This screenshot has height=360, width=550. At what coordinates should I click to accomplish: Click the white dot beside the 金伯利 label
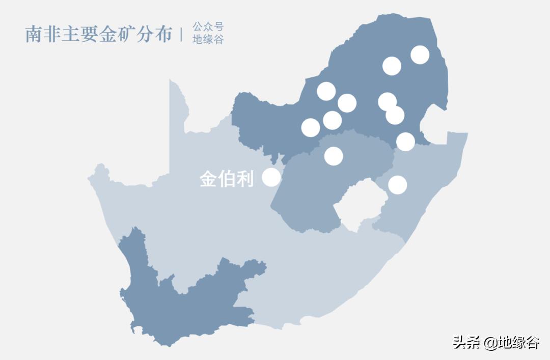point(271,177)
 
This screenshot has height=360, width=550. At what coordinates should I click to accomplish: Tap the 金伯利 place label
point(226,179)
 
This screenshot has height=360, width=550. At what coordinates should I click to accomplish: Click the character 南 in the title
point(34,34)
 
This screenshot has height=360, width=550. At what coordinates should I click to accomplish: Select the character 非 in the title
point(52,34)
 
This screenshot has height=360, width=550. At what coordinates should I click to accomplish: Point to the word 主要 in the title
point(80,34)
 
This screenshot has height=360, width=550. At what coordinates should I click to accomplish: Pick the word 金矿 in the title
point(117,34)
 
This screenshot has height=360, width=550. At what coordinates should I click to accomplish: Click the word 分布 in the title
point(154,34)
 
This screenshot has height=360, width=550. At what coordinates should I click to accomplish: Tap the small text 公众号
point(208,27)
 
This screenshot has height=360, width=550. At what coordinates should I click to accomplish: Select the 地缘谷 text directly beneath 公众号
point(208,40)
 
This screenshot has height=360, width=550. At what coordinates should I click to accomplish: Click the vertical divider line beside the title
point(181,34)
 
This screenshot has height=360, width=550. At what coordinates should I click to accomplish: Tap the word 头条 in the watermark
point(466,343)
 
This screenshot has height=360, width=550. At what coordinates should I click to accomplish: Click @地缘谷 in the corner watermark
point(512,343)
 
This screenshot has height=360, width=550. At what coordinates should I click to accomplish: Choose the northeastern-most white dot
point(420,54)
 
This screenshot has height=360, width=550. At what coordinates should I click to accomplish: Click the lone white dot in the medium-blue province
point(334,156)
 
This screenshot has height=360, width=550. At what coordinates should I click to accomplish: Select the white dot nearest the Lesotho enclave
point(398,185)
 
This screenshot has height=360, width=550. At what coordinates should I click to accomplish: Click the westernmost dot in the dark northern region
point(311,127)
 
